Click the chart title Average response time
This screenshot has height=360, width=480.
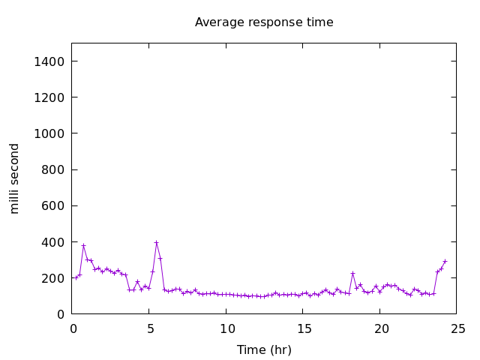264,22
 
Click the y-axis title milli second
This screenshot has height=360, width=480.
15,178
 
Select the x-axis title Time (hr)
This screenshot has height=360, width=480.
264,349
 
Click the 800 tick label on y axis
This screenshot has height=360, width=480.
54,169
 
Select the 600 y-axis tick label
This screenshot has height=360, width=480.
54,206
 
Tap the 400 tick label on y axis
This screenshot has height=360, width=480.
54,242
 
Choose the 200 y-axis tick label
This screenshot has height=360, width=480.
54,278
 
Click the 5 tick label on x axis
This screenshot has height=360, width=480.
149,328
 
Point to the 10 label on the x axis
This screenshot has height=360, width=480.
226,328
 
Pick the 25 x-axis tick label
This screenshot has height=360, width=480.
457,328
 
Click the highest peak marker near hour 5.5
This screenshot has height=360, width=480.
156,242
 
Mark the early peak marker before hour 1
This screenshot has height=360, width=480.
83,245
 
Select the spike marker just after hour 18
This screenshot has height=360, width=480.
352,273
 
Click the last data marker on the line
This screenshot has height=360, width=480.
445,261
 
